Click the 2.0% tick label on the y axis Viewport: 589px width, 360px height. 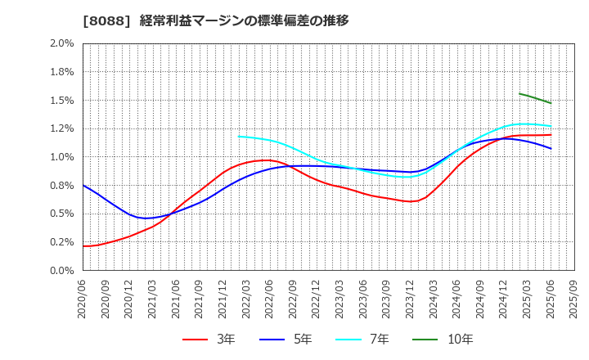[62, 43]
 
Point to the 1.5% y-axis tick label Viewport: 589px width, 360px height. [62, 101]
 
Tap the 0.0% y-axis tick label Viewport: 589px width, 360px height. [62, 270]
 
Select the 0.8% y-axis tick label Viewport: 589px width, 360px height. [62, 186]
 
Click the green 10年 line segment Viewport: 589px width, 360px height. [535, 97]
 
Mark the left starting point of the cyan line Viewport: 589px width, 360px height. [238, 136]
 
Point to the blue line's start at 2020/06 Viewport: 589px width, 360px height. [83, 185]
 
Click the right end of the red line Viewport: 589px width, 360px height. [551, 135]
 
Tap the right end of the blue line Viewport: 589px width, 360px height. [551, 148]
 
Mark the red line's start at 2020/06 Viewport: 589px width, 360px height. [83, 245]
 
